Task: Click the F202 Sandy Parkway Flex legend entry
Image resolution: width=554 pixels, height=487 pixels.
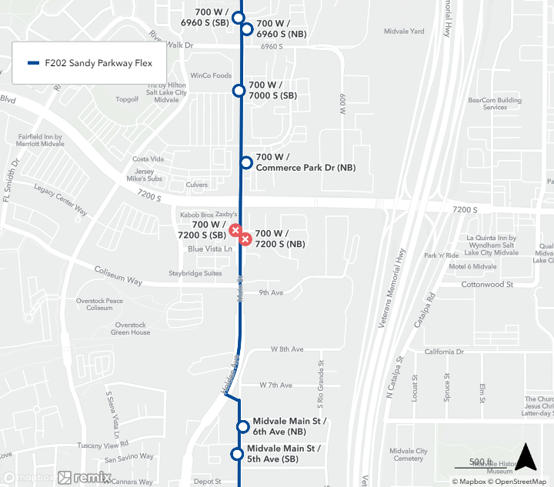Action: pos(89,63)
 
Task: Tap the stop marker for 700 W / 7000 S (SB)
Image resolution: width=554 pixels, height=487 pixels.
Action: pos(239,91)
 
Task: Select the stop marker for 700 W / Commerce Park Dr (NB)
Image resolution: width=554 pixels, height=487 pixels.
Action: pos(246,162)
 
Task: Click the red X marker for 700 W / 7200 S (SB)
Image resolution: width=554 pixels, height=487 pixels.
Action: pos(235,229)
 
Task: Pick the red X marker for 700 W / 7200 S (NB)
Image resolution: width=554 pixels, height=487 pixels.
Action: pos(245,238)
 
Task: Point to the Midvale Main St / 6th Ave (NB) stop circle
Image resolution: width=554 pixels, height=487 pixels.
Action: pos(243,426)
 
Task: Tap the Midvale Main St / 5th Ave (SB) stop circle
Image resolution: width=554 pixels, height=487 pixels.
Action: pos(238,454)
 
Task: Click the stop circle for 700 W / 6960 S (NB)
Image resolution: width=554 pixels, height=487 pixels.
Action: pos(247,29)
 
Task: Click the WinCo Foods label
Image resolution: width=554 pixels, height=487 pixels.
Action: pos(211,75)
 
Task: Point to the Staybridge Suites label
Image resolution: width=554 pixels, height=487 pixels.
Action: pos(195,273)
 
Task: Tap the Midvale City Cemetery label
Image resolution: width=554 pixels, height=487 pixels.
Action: pos(409,455)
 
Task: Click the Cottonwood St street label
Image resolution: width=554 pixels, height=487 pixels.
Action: pos(487,285)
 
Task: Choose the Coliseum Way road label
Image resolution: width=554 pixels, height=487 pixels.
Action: pos(118,276)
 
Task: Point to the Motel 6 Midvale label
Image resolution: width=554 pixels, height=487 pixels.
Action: pos(472,266)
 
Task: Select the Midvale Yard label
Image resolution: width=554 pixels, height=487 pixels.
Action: pos(404,32)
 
